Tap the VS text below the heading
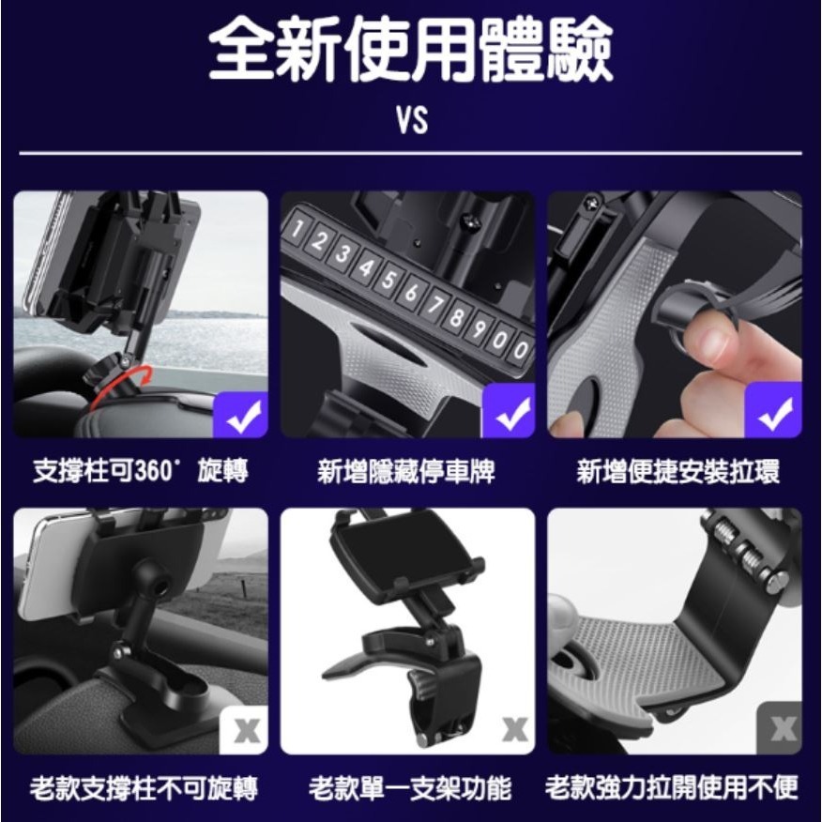(x=410, y=120)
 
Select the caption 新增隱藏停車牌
(x=407, y=471)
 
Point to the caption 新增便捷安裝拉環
(x=678, y=471)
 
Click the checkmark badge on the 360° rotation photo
(x=242, y=412)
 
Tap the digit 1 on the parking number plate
(x=299, y=229)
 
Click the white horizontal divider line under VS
(x=410, y=152)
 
